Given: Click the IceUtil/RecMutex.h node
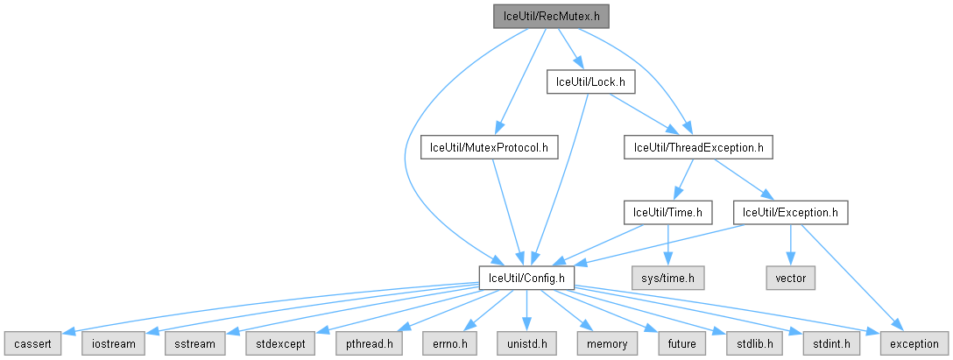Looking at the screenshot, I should (550, 16).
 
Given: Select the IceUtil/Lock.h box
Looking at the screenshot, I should (590, 81).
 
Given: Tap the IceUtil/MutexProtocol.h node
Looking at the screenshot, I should (489, 147).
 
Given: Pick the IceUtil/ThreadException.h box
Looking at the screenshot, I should (698, 147).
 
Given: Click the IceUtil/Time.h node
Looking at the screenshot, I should (667, 212).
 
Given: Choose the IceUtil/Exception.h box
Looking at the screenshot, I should (791, 212).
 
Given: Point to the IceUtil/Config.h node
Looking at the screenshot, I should (526, 278).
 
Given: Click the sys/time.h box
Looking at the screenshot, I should (668, 278).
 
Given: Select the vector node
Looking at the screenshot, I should (791, 278).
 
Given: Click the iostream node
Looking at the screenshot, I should (111, 343).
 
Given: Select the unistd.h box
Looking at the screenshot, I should (526, 343).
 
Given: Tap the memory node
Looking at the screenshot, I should (605, 343).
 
